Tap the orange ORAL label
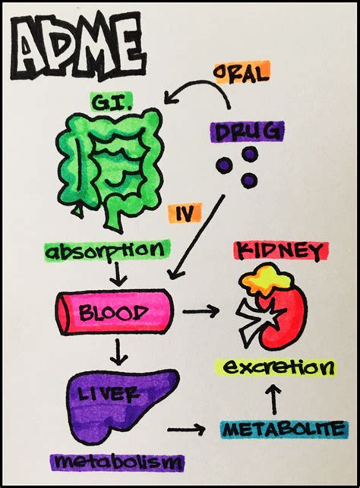click(x=242, y=73)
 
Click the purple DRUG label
click(x=248, y=131)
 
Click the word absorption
click(x=107, y=250)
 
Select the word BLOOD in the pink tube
click(x=114, y=312)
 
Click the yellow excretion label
click(x=276, y=367)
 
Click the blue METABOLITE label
click(x=283, y=430)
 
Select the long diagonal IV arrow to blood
click(x=196, y=237)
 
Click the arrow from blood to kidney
click(x=201, y=311)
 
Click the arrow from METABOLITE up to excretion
click(x=275, y=399)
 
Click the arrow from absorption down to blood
click(x=119, y=274)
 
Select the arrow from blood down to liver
click(x=118, y=352)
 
